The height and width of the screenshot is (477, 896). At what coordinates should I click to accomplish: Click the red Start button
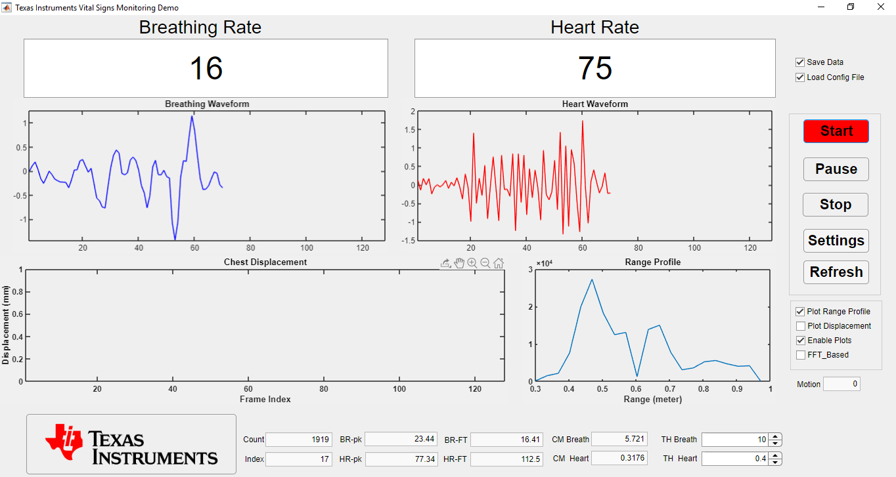[836, 131]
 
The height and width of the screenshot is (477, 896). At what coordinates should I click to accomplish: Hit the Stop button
[836, 205]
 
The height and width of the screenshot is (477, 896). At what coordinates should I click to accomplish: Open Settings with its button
[836, 241]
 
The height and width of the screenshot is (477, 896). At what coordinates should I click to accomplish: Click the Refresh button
[836, 272]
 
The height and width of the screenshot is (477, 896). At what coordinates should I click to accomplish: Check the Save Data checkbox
[800, 62]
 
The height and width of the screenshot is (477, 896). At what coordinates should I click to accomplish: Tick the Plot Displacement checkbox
[800, 326]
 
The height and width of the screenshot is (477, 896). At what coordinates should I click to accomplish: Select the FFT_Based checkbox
[800, 355]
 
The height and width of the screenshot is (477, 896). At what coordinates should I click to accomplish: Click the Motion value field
[841, 384]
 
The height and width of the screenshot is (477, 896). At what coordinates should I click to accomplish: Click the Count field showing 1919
[299, 440]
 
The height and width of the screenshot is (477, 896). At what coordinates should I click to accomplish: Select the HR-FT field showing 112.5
[506, 459]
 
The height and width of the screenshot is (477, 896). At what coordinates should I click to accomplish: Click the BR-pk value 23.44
[401, 439]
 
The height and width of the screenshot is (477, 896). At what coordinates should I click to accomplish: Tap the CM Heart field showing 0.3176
[619, 458]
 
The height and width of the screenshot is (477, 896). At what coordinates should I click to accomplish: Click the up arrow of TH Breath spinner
[775, 437]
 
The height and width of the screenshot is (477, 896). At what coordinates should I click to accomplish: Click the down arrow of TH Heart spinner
[775, 462]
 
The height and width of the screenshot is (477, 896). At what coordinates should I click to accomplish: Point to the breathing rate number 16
[206, 68]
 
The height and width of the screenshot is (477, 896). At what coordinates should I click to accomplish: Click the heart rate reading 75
[594, 68]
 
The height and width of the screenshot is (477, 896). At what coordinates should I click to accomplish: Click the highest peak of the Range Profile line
[592, 280]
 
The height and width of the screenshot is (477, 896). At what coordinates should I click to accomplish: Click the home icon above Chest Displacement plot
[499, 263]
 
